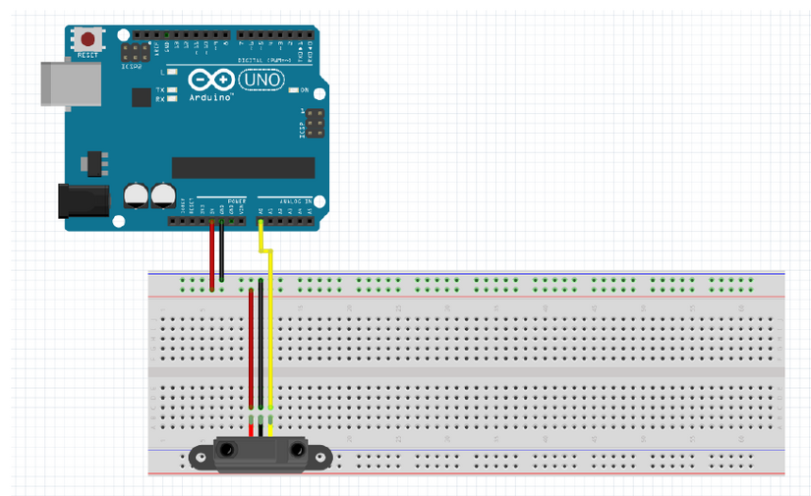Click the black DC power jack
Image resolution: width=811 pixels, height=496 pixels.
click(x=83, y=201)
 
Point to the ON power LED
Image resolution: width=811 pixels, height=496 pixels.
click(x=293, y=90)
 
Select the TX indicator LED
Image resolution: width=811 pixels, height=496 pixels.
click(x=172, y=90)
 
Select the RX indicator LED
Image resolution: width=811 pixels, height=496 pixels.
click(x=172, y=99)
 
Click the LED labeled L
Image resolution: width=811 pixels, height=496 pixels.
click(x=172, y=72)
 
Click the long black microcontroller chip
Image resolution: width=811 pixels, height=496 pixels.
click(x=243, y=167)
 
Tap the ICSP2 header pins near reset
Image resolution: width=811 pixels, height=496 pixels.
click(x=135, y=51)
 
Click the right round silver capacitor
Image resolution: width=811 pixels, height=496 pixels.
click(x=161, y=193)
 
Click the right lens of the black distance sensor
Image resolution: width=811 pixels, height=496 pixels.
click(x=295, y=450)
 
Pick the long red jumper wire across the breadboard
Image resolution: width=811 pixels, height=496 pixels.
click(x=251, y=349)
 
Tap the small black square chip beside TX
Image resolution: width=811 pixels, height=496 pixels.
click(x=141, y=96)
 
